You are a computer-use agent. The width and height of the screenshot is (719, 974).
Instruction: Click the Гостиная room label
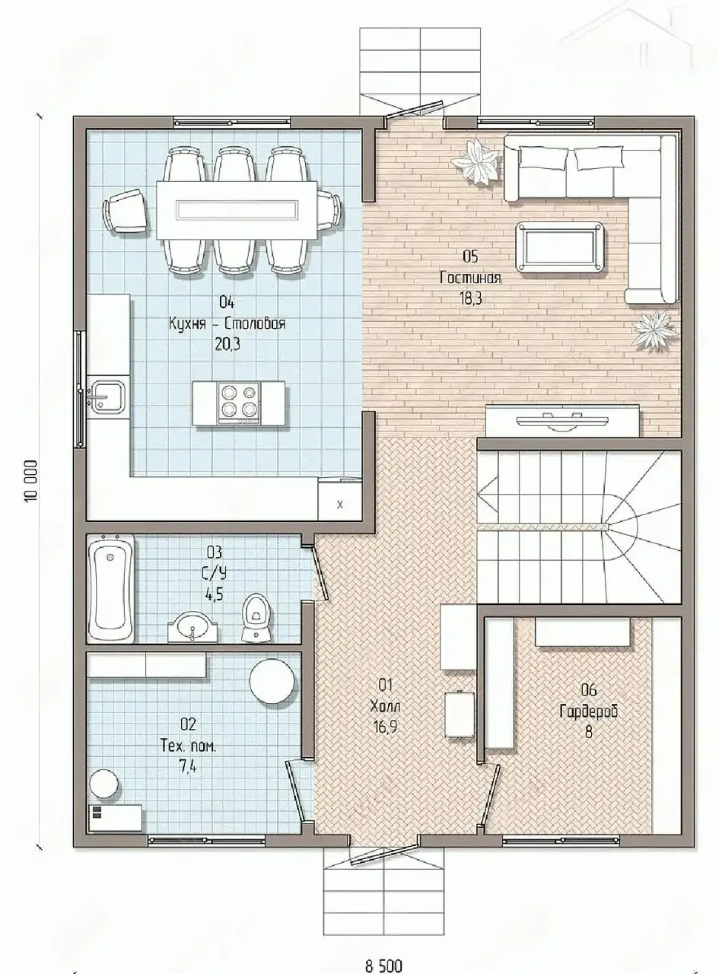[470, 278]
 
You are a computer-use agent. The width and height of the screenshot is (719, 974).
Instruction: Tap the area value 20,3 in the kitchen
[227, 345]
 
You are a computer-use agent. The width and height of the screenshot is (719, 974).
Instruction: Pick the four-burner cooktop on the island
[238, 403]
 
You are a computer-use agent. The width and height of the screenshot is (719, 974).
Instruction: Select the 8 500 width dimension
[383, 963]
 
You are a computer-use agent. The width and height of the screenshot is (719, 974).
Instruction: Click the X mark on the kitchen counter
[339, 505]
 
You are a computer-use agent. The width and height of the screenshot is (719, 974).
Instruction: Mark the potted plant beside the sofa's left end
[476, 161]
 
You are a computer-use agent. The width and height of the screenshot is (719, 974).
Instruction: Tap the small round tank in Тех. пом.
[103, 783]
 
